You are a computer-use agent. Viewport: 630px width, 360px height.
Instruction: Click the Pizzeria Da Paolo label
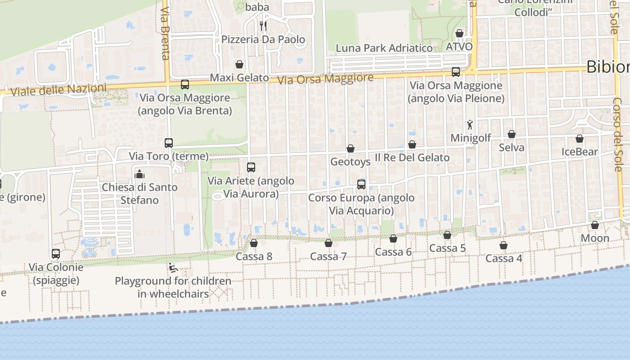pos(263,40)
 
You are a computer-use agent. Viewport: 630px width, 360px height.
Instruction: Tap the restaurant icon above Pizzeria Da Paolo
pos(263,26)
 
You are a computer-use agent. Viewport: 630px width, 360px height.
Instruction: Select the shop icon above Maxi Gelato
pos(239,64)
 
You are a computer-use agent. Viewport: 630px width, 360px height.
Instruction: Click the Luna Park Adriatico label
pos(384,48)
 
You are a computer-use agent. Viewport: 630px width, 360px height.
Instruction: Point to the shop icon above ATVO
pos(459,33)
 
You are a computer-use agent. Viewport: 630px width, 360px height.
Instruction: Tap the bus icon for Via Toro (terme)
pos(169,143)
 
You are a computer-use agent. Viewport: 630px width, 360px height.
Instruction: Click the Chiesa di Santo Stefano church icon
pos(139,173)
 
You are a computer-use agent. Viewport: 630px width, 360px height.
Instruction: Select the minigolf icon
pos(470,125)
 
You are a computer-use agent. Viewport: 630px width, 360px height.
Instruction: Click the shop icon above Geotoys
pos(351,148)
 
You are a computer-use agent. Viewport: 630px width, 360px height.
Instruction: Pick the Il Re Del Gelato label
pos(412,157)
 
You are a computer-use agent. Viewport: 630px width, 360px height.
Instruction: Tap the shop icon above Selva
pos(512,134)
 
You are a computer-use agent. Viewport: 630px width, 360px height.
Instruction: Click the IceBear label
pos(580,152)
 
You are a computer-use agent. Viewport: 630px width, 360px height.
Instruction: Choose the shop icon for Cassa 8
pos(254,243)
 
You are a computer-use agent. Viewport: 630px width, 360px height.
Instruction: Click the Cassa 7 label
pos(328,256)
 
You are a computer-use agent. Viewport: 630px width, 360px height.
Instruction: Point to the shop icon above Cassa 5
pos(447,235)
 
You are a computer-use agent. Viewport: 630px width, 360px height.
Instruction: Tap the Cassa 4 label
pos(504,259)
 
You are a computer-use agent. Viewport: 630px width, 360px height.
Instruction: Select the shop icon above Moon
pos(595,225)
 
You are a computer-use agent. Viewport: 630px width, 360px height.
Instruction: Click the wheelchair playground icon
pos(173,268)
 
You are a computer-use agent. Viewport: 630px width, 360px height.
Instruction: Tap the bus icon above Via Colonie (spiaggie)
pos(56,254)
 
